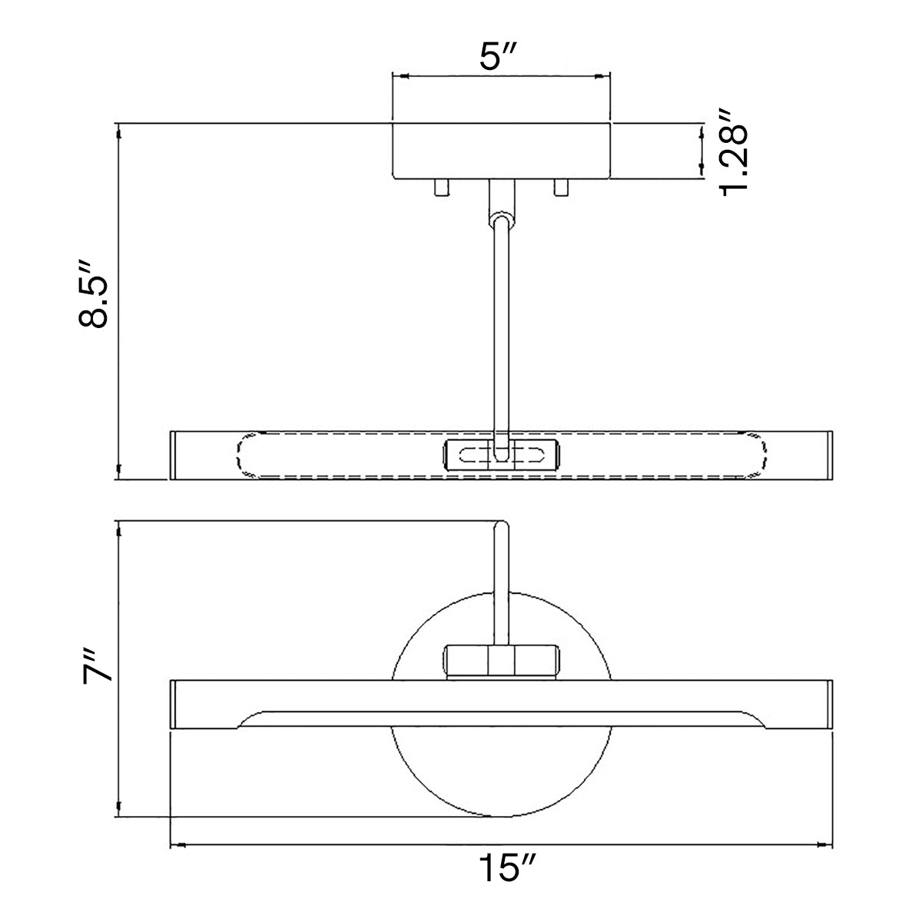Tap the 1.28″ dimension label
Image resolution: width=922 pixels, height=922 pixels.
[733, 153]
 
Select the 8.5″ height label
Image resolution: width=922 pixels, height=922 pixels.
[94, 294]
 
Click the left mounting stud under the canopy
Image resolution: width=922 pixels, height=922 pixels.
[442, 187]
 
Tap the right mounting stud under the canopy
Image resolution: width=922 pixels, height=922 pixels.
[561, 187]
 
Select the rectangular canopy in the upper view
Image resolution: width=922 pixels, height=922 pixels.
[501, 151]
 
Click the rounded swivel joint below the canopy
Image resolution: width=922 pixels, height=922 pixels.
[502, 220]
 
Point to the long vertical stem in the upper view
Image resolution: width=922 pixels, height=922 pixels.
[502, 335]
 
